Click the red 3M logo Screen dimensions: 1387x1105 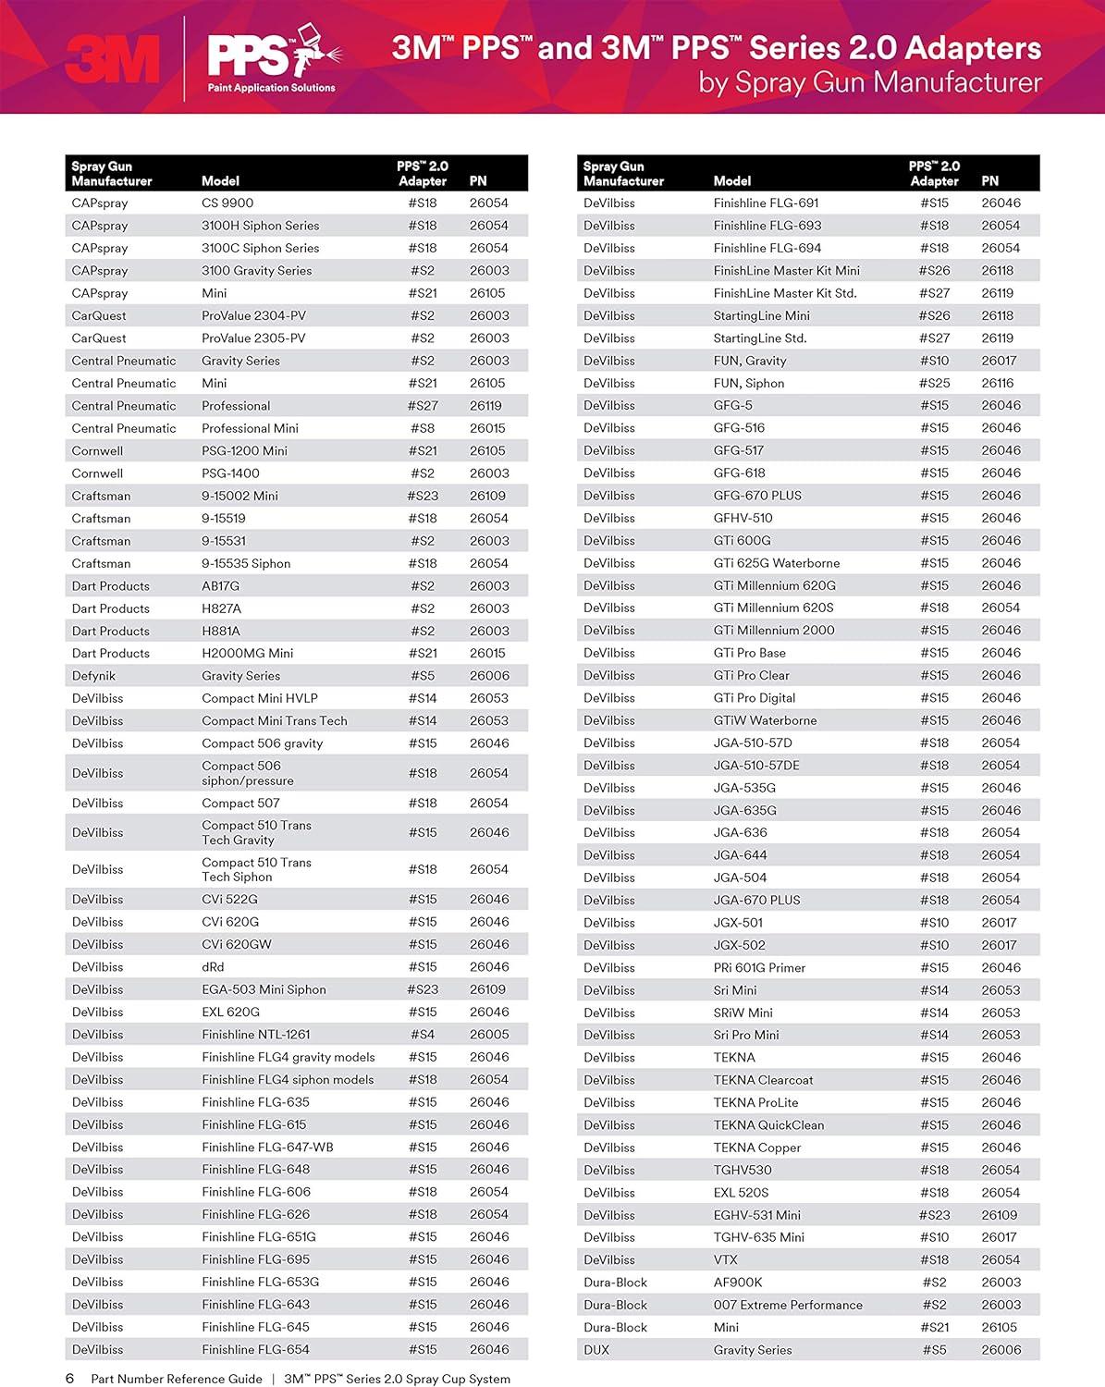click(x=112, y=59)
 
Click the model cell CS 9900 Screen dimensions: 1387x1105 click(x=227, y=203)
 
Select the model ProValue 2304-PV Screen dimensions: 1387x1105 click(x=253, y=315)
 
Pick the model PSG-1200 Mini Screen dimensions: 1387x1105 click(x=244, y=450)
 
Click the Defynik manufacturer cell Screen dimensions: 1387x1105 click(x=93, y=676)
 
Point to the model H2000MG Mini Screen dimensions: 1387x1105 click(x=247, y=653)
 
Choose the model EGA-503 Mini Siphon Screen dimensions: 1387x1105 click(x=264, y=989)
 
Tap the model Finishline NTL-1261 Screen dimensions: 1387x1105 click(x=255, y=1035)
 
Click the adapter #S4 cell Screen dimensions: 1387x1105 click(x=423, y=1035)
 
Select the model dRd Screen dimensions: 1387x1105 click(x=213, y=967)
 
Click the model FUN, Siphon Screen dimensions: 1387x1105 click(x=748, y=383)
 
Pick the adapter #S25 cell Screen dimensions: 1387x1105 click(x=934, y=383)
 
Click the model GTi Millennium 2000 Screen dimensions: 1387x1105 click(x=773, y=631)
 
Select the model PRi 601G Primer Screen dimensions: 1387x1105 click(x=759, y=967)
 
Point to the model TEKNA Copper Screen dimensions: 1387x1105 click(x=756, y=1148)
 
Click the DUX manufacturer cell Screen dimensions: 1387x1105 click(x=596, y=1350)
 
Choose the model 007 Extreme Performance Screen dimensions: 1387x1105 click(x=788, y=1305)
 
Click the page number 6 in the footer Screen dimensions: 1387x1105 click(x=69, y=1379)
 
